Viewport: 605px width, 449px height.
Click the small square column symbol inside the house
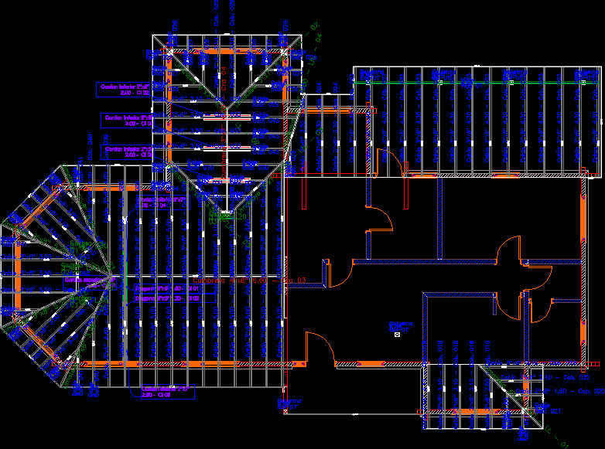[397, 335]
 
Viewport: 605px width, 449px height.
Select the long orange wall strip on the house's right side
[583, 270]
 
